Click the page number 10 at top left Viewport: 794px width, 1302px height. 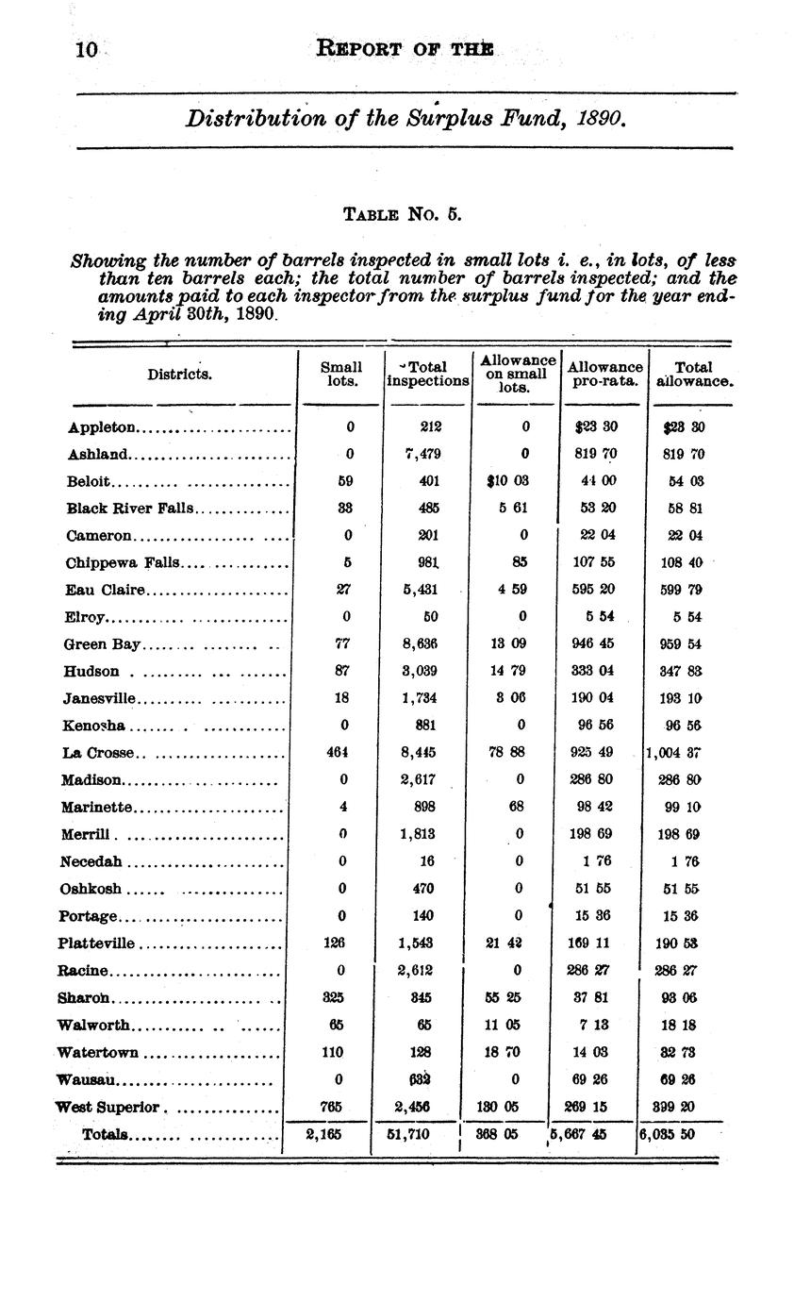(86, 49)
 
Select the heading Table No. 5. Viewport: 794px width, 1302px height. (402, 213)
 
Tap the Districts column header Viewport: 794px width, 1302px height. (180, 375)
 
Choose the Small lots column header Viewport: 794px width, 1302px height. (340, 374)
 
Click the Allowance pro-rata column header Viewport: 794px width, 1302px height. (605, 374)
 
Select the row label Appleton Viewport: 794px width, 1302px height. (103, 427)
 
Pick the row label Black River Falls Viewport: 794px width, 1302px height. (129, 509)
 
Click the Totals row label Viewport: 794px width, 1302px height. (106, 1134)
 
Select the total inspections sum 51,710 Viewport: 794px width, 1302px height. (407, 1134)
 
